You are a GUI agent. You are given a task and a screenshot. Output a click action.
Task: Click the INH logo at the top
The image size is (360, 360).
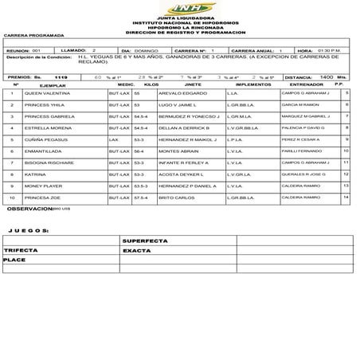tap(179, 9)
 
